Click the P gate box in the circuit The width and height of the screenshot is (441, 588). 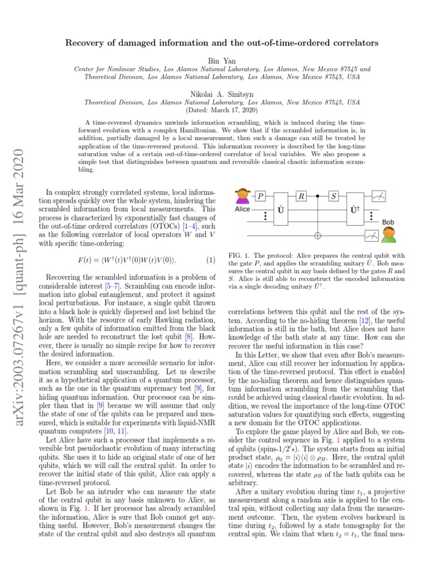click(x=261, y=196)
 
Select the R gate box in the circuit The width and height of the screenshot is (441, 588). click(x=301, y=196)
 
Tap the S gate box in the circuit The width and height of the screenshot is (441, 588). click(x=334, y=196)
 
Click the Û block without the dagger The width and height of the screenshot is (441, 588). click(x=281, y=211)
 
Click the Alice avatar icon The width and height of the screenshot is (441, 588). click(x=243, y=196)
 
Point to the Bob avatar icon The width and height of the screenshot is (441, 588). click(x=389, y=234)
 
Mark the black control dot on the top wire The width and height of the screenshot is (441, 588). click(x=318, y=196)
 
